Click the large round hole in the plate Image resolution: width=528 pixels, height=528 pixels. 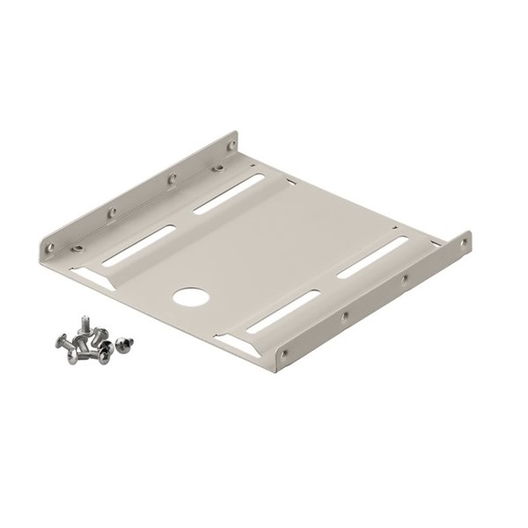(x=187, y=295)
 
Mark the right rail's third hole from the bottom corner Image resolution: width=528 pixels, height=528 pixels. (x=403, y=280)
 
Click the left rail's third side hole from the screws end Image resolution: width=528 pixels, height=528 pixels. (x=172, y=178)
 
